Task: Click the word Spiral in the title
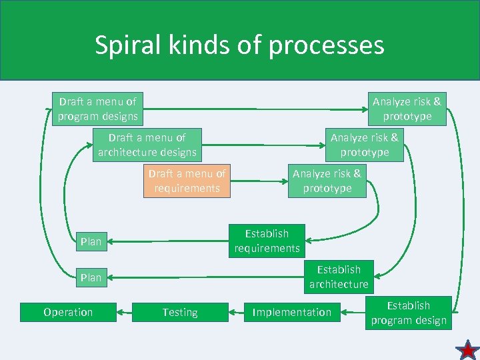125,45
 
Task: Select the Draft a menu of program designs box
97,109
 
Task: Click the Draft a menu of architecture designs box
147,145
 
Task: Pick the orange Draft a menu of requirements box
187,181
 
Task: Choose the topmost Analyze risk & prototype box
407,109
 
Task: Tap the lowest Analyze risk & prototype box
327,181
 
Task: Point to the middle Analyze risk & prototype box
364,145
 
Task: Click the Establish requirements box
267,241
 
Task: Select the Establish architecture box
339,277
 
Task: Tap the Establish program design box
409,313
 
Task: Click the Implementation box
291,312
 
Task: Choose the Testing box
180,312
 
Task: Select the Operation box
68,312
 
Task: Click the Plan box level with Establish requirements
91,241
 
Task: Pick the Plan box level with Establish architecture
91,277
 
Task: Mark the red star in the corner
467,349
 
